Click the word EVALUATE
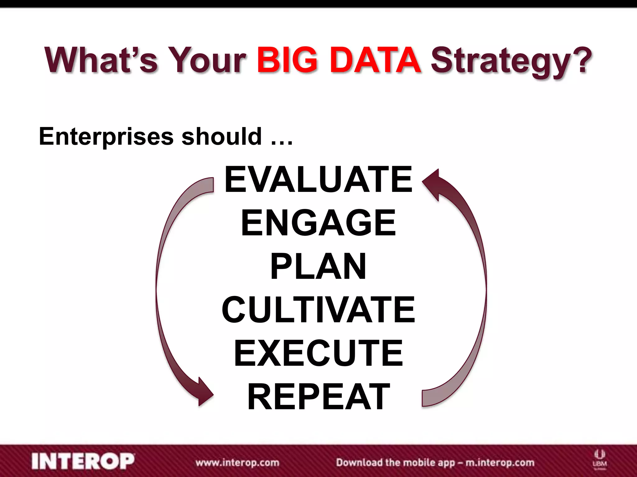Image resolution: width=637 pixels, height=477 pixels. (318, 179)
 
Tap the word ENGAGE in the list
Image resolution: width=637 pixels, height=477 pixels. (318, 223)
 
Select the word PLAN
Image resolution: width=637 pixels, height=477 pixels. (318, 266)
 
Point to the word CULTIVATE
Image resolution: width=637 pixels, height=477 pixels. (318, 310)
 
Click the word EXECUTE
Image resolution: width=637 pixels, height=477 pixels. (318, 353)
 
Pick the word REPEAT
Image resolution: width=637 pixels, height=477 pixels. (318, 397)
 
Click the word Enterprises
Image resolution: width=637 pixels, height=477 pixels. (106, 137)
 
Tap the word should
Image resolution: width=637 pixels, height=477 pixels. (221, 137)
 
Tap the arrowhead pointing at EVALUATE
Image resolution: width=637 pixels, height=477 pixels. (432, 183)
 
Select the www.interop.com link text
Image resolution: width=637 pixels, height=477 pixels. (237, 463)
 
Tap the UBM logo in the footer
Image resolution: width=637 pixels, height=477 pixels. (600, 459)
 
